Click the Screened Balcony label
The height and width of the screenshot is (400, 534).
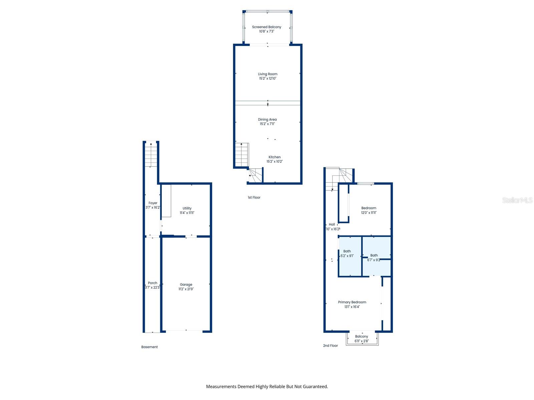[266, 27]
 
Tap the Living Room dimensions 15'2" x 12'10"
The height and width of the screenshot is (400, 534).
[268, 79]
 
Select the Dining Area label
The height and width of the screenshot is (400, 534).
[267, 119]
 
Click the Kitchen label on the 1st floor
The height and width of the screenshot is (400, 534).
[275, 157]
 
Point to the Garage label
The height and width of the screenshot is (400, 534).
[186, 285]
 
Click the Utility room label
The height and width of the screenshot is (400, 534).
[187, 208]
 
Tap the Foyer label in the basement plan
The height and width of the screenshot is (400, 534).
[153, 203]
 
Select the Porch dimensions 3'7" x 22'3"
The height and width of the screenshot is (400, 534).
[153, 287]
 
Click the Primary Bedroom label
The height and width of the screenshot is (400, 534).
[352, 302]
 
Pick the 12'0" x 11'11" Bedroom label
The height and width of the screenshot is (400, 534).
[369, 208]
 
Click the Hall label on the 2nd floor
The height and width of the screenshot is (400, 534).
[332, 224]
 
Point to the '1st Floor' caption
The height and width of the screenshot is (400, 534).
[254, 197]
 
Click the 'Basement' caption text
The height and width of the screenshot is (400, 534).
[149, 347]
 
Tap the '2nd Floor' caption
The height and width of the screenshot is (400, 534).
[330, 346]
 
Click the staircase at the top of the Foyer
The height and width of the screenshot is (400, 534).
[151, 155]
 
